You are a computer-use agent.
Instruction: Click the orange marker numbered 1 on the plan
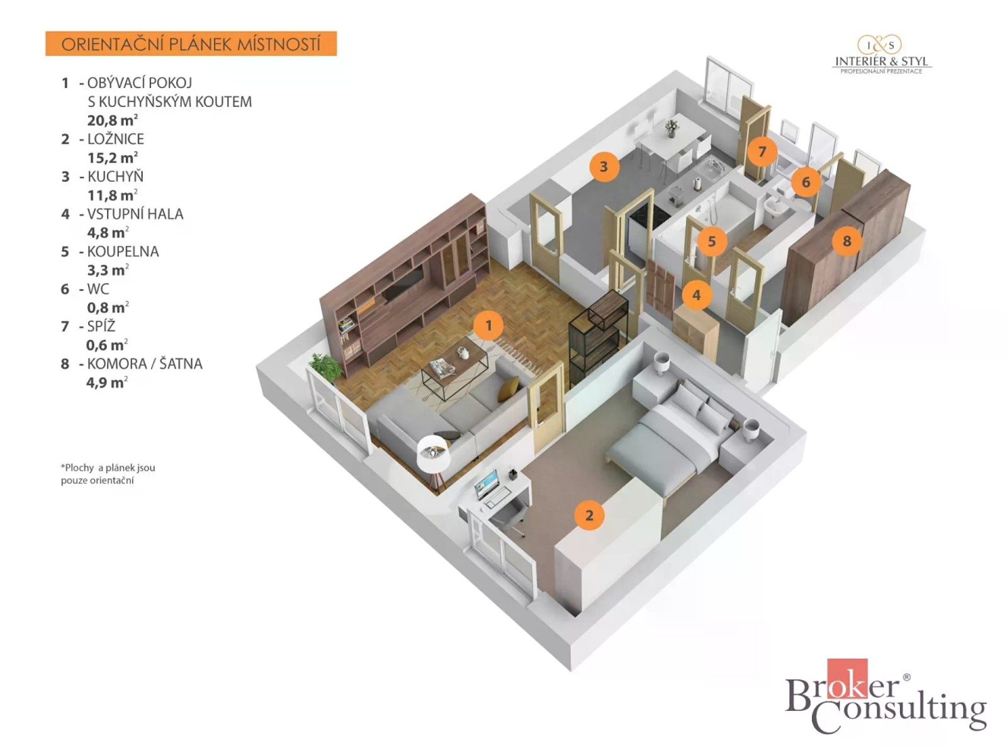pos(488,325)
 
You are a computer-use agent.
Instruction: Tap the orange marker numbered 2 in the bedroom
pos(589,515)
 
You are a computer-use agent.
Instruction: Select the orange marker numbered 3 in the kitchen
pos(604,166)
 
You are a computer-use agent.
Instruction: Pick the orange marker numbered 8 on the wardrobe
pos(847,241)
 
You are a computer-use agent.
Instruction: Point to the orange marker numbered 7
pos(762,151)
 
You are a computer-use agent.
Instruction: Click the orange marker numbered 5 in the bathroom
pos(712,241)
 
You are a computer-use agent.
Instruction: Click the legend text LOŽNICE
pos(116,139)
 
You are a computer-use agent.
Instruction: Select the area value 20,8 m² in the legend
pos(113,120)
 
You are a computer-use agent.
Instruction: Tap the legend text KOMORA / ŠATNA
pos(145,364)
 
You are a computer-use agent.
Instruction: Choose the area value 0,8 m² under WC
pos(108,307)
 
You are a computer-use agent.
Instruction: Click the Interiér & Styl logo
pos(881,55)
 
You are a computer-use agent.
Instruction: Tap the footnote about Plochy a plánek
pos(108,474)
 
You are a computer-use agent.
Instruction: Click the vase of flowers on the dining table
pos(672,128)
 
